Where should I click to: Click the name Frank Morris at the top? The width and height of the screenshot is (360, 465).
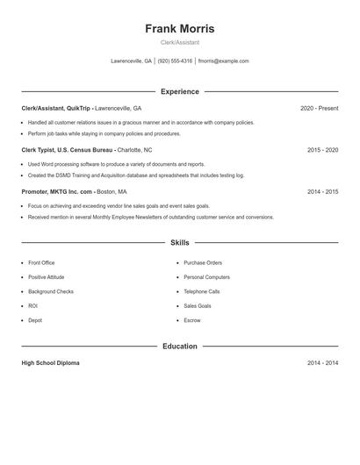(179, 29)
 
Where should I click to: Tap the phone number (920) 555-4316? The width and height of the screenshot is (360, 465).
(175, 61)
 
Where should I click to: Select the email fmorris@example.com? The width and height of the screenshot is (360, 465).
(223, 61)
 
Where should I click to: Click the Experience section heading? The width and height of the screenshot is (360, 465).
(179, 91)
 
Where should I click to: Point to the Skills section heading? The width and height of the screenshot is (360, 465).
(179, 242)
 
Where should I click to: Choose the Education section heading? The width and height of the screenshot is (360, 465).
(179, 347)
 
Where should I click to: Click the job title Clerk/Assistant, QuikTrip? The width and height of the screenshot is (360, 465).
(56, 108)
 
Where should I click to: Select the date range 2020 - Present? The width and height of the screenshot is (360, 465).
(319, 108)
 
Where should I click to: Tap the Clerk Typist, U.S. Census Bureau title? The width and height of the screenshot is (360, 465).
(68, 150)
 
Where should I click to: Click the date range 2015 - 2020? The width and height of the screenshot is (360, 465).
(322, 150)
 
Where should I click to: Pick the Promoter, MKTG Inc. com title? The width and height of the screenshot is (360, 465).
(57, 191)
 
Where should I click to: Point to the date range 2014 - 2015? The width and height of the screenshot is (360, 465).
(322, 191)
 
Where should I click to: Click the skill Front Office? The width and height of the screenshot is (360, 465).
(41, 262)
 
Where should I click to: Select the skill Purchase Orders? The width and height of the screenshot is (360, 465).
(203, 262)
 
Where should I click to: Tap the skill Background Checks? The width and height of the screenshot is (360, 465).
(51, 291)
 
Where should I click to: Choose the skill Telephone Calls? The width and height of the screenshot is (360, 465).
(202, 291)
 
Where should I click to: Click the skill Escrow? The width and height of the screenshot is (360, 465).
(192, 320)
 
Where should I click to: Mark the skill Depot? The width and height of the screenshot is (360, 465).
(35, 320)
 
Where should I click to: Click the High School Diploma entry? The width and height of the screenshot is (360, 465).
(50, 362)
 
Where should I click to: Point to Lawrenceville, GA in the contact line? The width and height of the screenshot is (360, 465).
(131, 61)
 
